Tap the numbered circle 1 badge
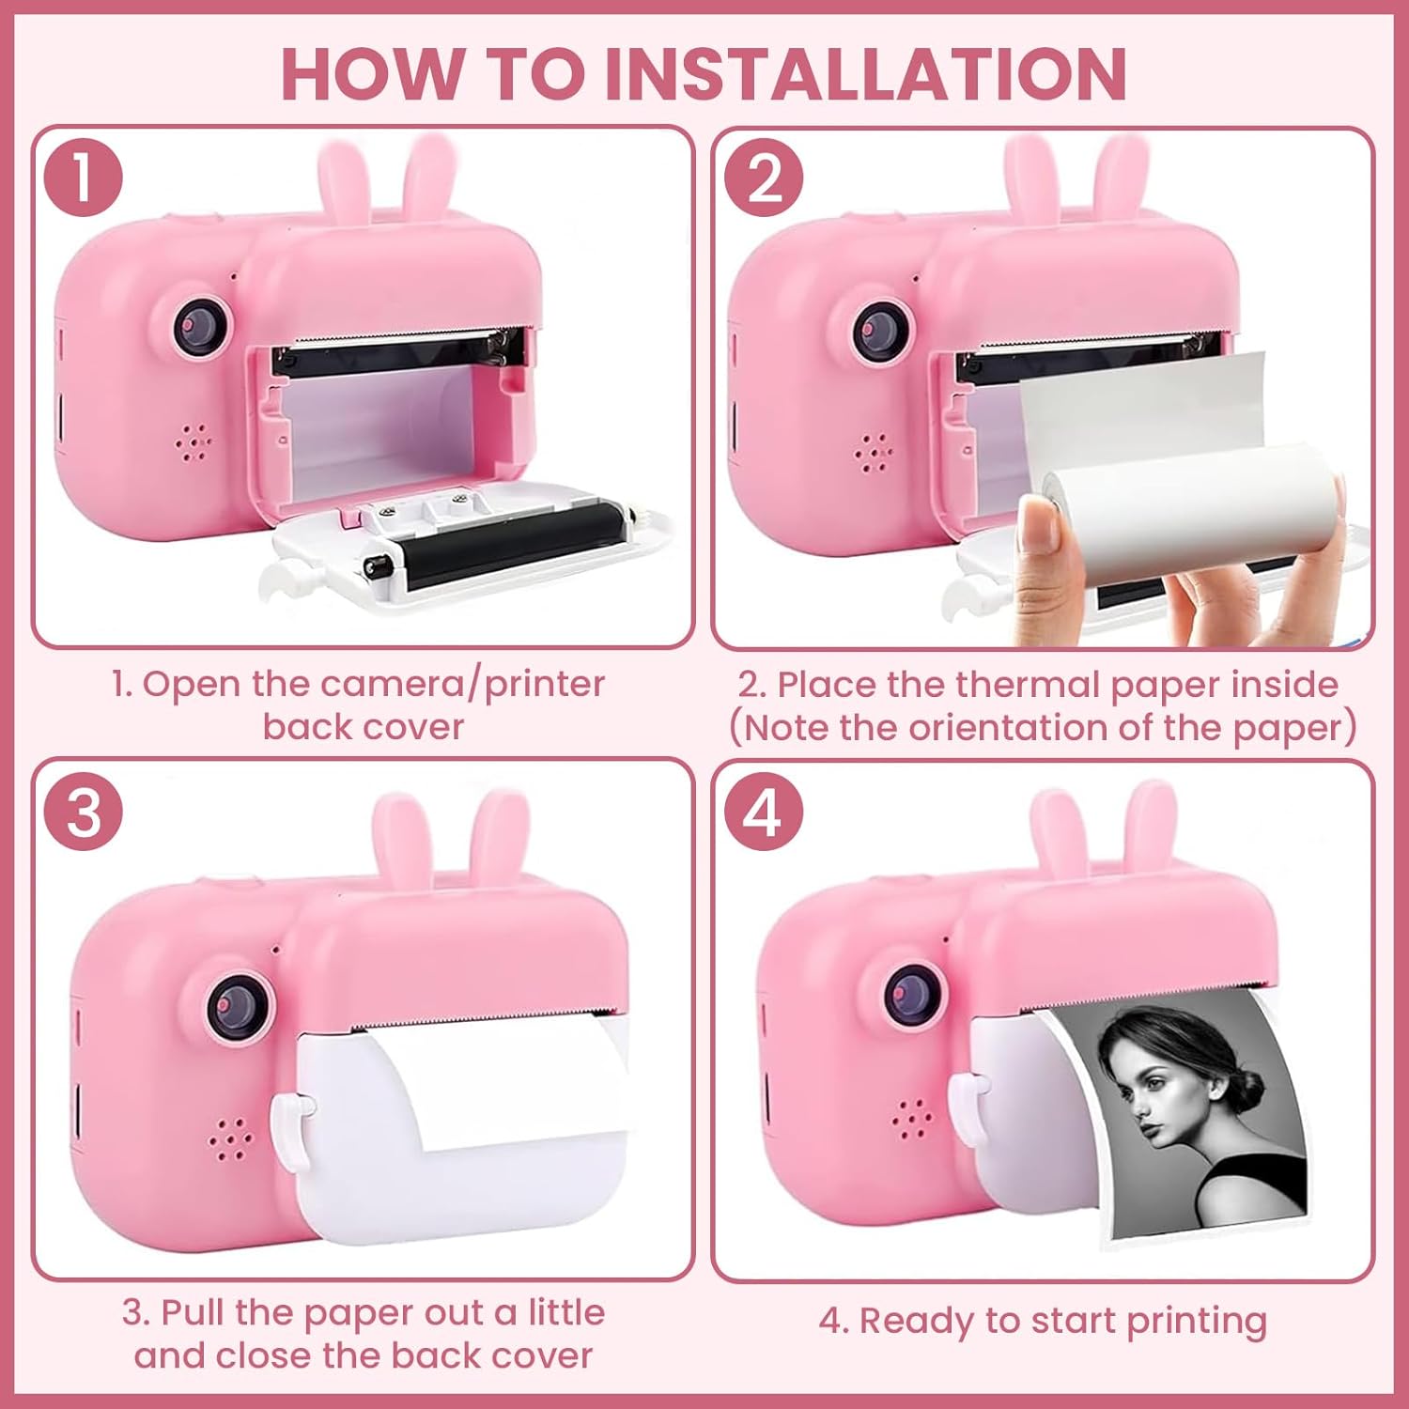pos(84,177)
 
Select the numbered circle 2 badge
pos(764,178)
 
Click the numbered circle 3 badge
pos(84,811)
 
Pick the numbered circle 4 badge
pos(764,811)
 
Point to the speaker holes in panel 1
pos(194,442)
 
